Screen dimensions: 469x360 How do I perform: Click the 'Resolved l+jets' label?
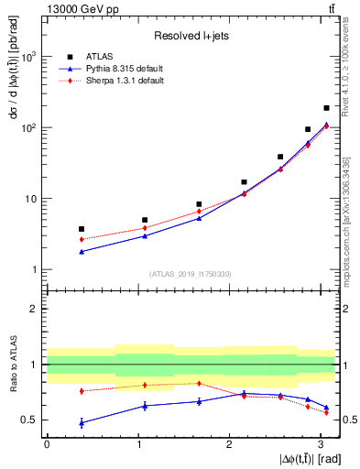[x=191, y=36]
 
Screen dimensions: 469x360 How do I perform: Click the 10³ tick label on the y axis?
[x=27, y=57]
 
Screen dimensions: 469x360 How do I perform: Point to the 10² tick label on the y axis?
[x=27, y=127]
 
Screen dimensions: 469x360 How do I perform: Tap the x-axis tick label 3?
[x=320, y=444]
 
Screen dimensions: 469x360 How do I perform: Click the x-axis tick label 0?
[x=46, y=444]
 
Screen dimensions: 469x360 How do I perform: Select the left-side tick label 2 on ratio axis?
[x=34, y=309]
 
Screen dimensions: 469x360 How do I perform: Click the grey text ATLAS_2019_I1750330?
[x=191, y=273]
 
